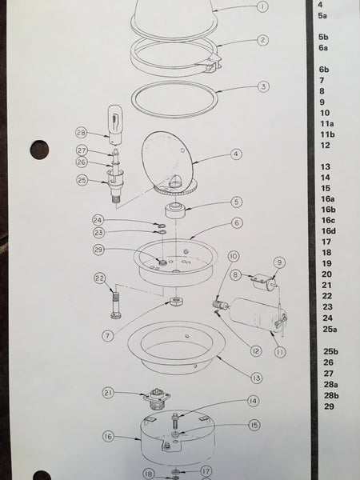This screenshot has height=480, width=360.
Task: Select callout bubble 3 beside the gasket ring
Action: pos(262,86)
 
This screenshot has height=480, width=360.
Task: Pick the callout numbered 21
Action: pos(108,393)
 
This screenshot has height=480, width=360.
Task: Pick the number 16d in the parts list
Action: pos(329,231)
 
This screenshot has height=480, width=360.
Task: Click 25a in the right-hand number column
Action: pos(330,329)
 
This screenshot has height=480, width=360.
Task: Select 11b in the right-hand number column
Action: pos(327,135)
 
